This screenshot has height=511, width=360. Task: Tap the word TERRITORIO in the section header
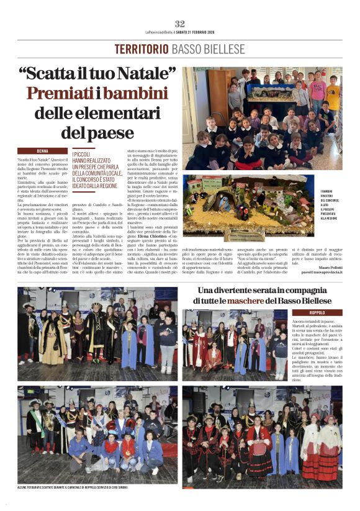tap(142, 49)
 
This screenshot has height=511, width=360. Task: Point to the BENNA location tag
tap(42, 151)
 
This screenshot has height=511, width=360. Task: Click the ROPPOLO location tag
tap(318, 312)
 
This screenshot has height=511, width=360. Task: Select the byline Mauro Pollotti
tap(328, 266)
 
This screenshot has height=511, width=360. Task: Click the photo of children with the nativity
tap(261, 118)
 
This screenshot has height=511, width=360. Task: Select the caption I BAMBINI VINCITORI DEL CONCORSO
tap(330, 205)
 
